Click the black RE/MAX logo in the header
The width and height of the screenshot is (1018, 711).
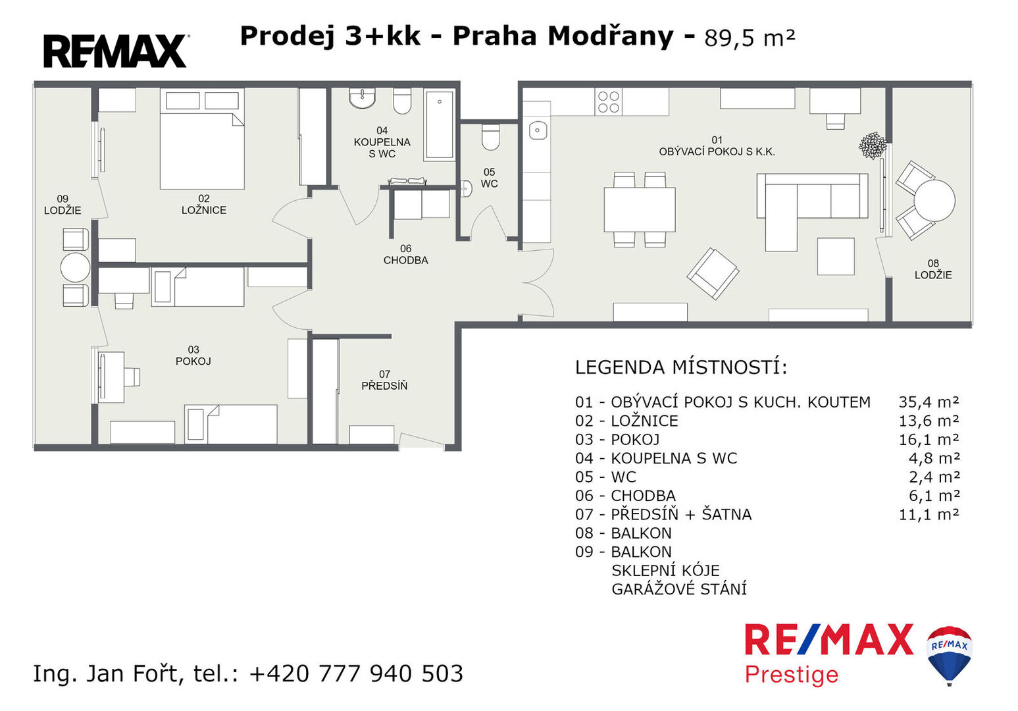coord(115,51)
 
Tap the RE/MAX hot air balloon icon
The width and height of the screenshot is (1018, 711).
coord(949,656)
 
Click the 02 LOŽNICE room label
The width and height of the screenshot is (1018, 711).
coord(203,204)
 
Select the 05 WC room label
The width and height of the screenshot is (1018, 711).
coord(489,178)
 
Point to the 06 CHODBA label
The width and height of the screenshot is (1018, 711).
coord(405,254)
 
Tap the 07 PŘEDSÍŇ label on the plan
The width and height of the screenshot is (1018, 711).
coord(384,380)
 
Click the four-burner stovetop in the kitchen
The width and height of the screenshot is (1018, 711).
coord(609,102)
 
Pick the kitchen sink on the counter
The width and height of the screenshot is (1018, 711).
coord(538,130)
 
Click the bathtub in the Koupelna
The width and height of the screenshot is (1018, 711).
coord(439,124)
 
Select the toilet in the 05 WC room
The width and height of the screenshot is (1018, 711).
coord(490,137)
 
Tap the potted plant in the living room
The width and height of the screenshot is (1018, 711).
coord(873,145)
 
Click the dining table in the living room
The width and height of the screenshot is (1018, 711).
coord(640,209)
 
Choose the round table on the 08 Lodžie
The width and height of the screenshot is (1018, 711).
coord(934,201)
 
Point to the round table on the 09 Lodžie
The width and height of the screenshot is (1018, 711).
coord(75,267)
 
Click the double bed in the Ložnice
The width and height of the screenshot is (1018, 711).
coord(202,139)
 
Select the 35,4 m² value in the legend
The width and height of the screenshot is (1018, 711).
coord(929,402)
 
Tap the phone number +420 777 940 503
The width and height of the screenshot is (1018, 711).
coord(356,673)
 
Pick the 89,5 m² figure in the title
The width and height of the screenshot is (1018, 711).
coord(750,38)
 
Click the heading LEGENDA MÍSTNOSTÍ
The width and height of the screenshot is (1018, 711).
coord(681,367)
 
